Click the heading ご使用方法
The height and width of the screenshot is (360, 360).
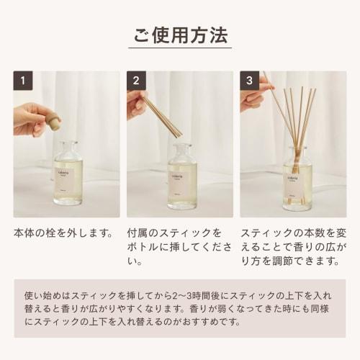click(x=180, y=34)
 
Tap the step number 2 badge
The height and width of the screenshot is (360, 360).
click(x=136, y=81)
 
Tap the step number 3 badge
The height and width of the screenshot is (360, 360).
click(x=249, y=81)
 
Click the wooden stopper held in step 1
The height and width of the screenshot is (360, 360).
click(x=54, y=122)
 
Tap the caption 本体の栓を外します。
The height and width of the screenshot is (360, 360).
click(x=64, y=234)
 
